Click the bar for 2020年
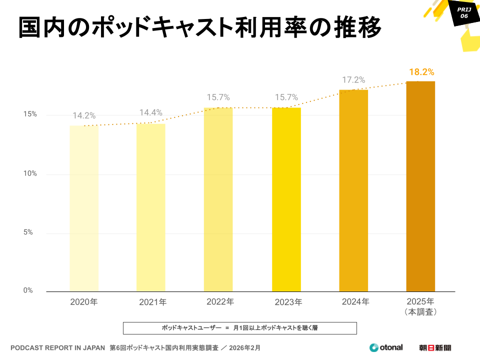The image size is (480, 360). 84,208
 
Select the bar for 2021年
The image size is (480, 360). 151,207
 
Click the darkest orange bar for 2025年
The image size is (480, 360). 420,186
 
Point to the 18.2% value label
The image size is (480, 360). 421,71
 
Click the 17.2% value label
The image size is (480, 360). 353,80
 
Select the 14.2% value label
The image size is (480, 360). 84,116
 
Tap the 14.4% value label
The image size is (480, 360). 151,113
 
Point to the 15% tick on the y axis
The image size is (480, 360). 30,114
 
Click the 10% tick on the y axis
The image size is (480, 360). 30,173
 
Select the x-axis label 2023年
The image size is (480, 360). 288,302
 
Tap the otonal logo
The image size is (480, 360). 386,347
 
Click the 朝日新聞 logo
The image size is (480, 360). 435,347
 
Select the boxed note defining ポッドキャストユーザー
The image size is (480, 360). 240,328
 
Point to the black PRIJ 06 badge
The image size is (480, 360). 463,12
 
